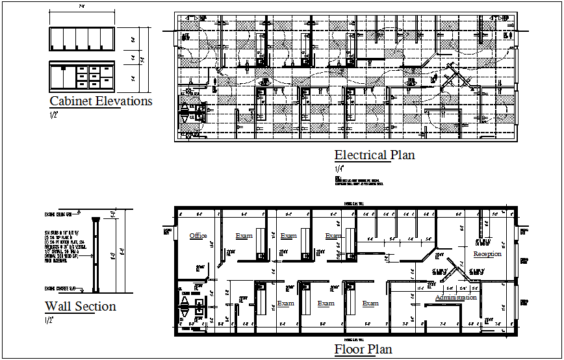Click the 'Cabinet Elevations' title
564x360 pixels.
[x=101, y=101]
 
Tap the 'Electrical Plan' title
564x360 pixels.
[x=374, y=155]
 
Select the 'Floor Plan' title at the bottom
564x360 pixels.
[x=363, y=350]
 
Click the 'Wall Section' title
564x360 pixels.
[x=80, y=307]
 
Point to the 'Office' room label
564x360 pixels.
[x=198, y=236]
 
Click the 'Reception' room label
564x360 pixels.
[x=487, y=254]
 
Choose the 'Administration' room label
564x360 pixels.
[x=455, y=298]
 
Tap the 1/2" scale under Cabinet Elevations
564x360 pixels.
[x=54, y=115]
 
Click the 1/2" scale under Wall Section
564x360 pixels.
[x=49, y=320]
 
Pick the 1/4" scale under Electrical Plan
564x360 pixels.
[x=339, y=169]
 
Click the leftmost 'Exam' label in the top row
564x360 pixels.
[x=244, y=236]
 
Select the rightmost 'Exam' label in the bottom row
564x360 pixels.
[x=370, y=303]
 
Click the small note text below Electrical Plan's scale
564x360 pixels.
[x=361, y=180]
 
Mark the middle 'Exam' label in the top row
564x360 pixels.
[x=288, y=236]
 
